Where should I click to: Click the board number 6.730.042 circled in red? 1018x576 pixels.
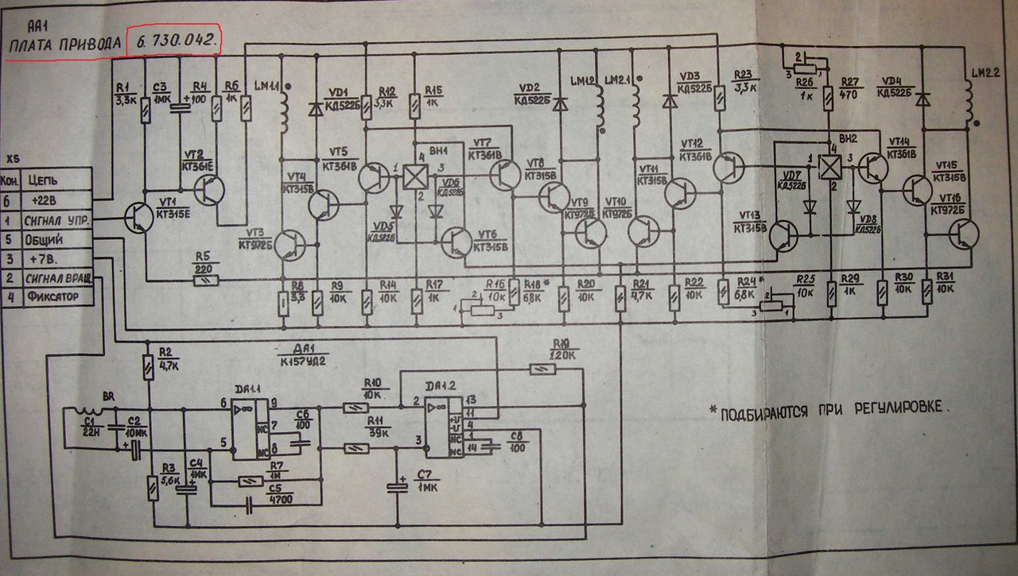(x=176, y=42)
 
